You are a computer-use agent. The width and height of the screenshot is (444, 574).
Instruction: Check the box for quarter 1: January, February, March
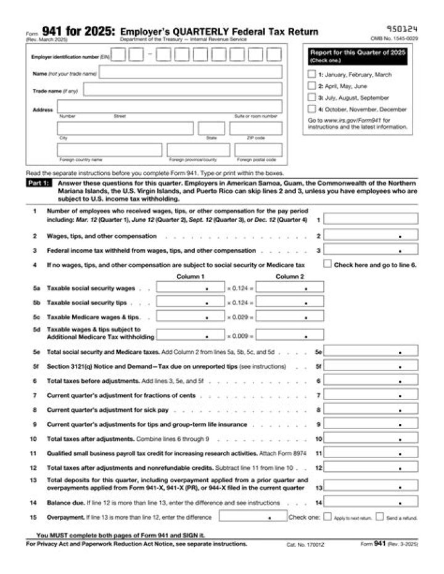[311, 75]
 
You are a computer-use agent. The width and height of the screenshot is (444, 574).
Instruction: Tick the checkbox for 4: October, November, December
[311, 109]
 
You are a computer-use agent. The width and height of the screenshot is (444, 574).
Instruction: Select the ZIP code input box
[256, 128]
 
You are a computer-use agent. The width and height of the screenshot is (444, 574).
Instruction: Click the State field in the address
[211, 128]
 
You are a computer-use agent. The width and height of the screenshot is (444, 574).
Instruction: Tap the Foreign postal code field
[258, 150]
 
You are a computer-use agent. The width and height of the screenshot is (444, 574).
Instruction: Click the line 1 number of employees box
[371, 219]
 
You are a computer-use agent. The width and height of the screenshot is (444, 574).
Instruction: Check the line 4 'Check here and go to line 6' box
[327, 264]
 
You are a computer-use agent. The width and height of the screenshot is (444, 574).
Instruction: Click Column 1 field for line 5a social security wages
[190, 287]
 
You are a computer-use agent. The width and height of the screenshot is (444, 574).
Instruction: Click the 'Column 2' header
[289, 277]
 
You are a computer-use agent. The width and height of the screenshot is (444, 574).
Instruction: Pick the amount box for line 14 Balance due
[371, 502]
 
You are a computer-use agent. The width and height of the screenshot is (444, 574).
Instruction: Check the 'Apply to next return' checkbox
[327, 517]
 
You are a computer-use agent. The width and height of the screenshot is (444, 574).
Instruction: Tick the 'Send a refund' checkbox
[379, 517]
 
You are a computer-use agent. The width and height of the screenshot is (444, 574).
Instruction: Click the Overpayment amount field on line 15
[252, 517]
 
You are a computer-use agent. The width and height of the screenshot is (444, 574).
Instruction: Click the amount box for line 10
[371, 439]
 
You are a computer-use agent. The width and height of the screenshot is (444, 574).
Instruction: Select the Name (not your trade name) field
[191, 73]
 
